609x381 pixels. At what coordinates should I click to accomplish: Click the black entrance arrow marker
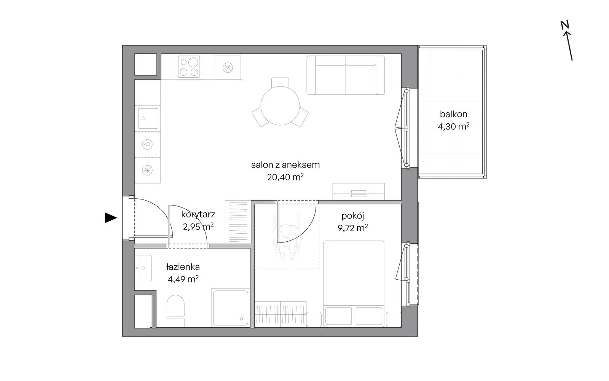coord(110,218)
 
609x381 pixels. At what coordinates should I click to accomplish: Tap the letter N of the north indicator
coord(565,25)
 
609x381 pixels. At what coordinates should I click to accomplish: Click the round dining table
coord(280,106)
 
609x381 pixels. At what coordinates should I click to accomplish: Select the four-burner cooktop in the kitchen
coord(189,66)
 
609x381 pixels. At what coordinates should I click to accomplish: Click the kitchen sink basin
coord(148,119)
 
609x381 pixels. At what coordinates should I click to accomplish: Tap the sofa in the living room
coord(346,75)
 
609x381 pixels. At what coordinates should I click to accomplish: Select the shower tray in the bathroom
coord(231,308)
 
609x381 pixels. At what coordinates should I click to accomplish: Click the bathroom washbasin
coord(143,268)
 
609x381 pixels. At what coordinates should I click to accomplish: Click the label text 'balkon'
coord(453,114)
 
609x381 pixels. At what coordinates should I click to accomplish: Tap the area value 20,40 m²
coord(285,177)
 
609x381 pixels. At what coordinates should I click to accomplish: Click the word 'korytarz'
coord(198,215)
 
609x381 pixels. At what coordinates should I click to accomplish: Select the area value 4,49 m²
coord(183,279)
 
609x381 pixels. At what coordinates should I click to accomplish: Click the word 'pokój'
coord(352,216)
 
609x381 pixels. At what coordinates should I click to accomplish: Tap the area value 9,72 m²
coord(352,228)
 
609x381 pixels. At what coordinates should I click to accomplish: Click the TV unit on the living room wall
coord(359,192)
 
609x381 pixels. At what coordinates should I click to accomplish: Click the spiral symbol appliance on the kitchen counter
coord(228,67)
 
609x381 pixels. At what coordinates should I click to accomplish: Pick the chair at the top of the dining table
coord(280,82)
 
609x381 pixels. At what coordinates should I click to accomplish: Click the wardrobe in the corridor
coord(238,222)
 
